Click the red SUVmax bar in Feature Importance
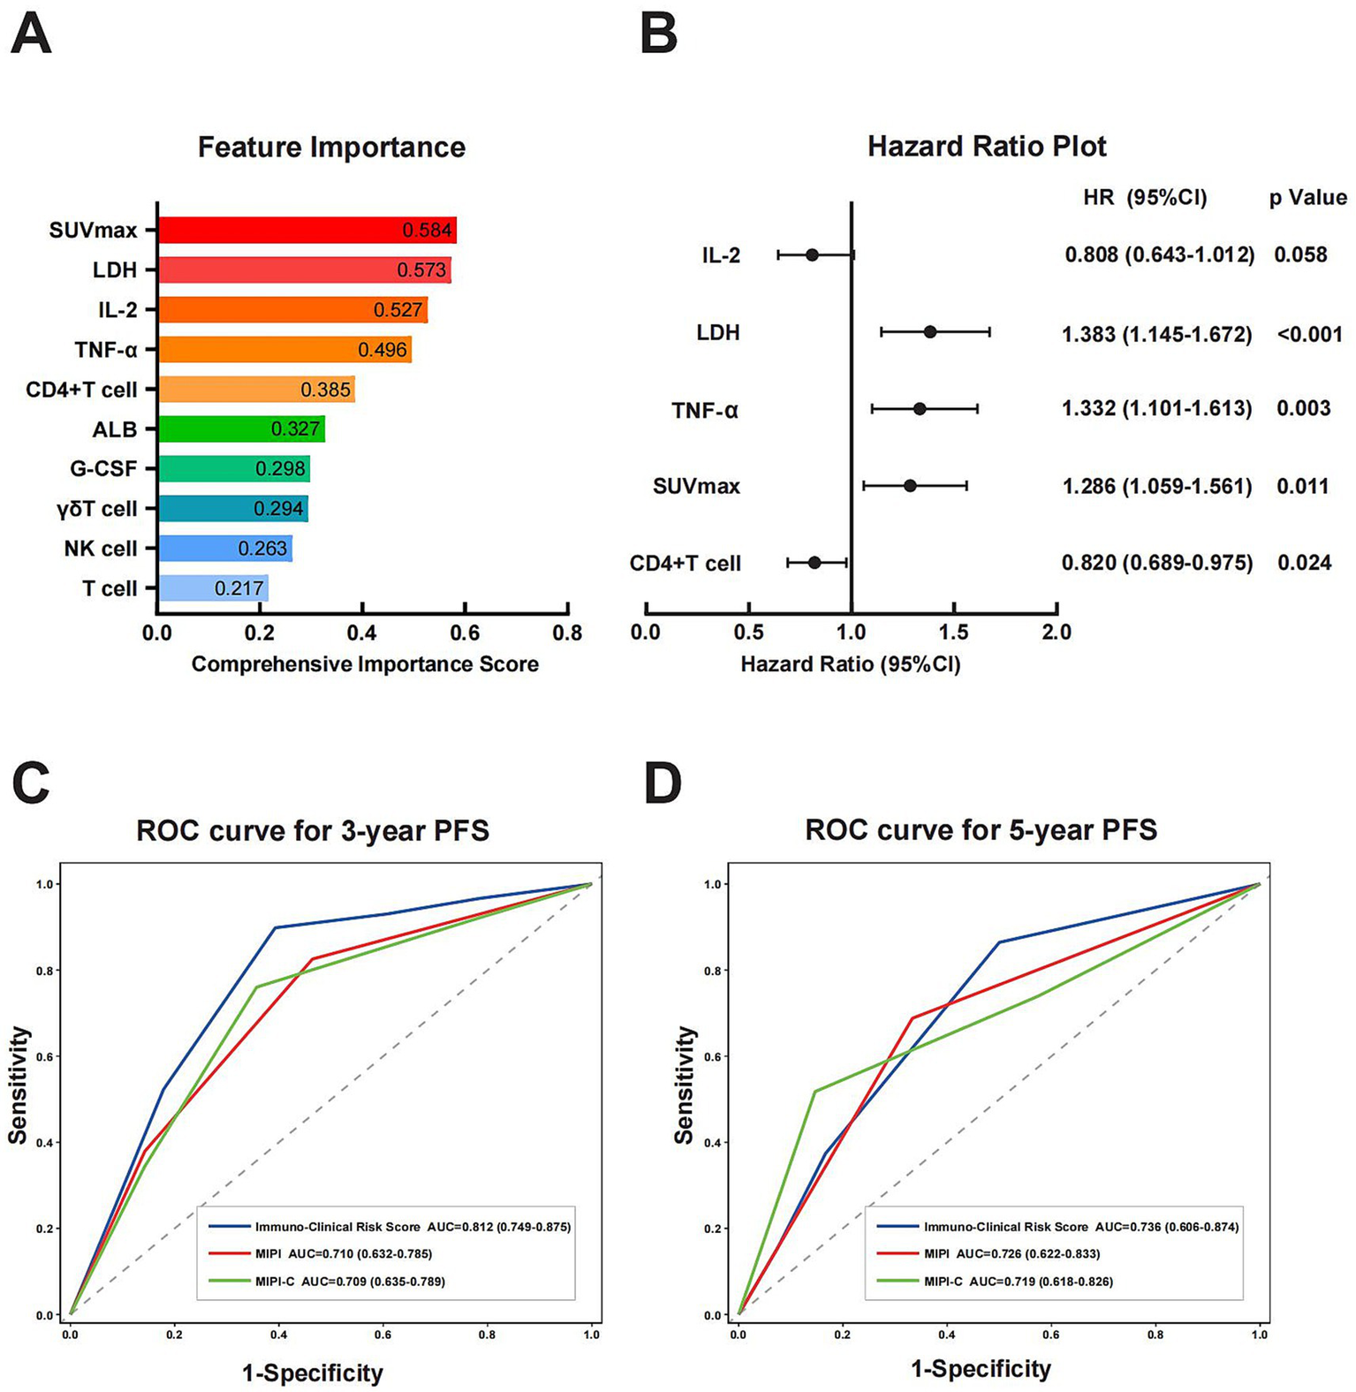pyautogui.click(x=307, y=231)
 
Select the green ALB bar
pyautogui.click(x=241, y=429)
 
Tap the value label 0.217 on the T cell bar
pyautogui.click(x=239, y=588)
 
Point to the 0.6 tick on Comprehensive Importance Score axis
pyautogui.click(x=465, y=632)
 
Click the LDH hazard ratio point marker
pyautogui.click(x=929, y=332)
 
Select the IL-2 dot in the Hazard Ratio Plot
pyautogui.click(x=812, y=255)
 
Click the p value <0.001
pyautogui.click(x=1309, y=335)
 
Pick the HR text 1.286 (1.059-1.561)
pyautogui.click(x=1156, y=487)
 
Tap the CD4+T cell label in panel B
pyautogui.click(x=685, y=564)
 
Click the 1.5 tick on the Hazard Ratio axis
pyautogui.click(x=954, y=632)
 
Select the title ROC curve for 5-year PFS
pyautogui.click(x=981, y=830)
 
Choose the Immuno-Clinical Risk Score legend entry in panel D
pyautogui.click(x=1005, y=1227)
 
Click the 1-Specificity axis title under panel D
pyautogui.click(x=981, y=1369)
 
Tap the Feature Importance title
pyautogui.click(x=331, y=147)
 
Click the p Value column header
pyautogui.click(x=1307, y=198)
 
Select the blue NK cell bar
pyautogui.click(x=224, y=548)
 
